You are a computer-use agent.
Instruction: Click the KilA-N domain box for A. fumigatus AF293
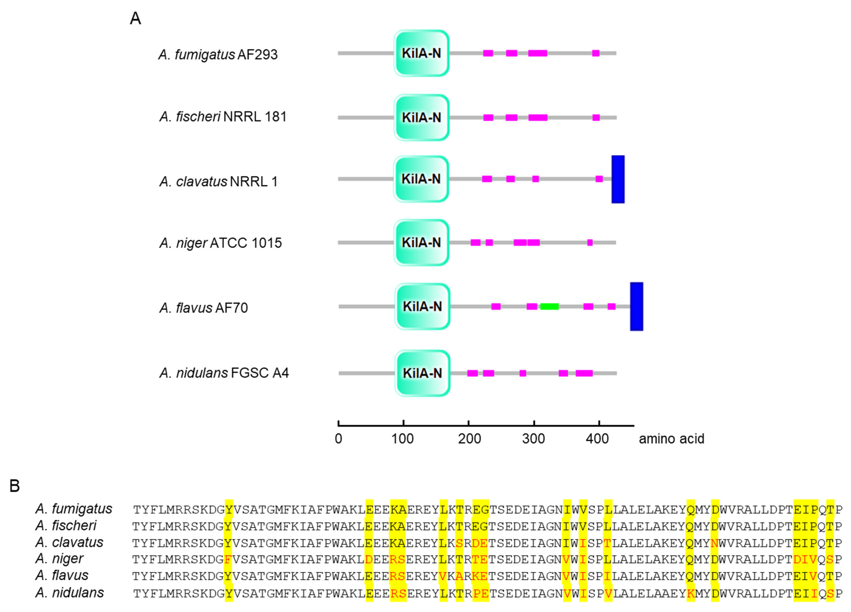point(421,53)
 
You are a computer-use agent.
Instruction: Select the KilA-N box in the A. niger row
point(421,243)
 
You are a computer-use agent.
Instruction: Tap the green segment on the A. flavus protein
point(549,306)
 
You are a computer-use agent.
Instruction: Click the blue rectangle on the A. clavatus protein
point(618,179)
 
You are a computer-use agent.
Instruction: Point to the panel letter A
point(135,18)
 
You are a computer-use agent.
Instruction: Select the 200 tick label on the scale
point(469,438)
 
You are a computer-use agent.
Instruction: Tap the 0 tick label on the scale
point(338,438)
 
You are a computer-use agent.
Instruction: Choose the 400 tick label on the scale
point(597,438)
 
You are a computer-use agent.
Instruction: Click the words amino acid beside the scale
point(671,438)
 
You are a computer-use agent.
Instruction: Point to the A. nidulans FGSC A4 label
point(224,373)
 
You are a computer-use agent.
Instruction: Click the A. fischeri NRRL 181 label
point(223,117)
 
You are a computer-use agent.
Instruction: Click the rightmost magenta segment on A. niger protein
point(590,243)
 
